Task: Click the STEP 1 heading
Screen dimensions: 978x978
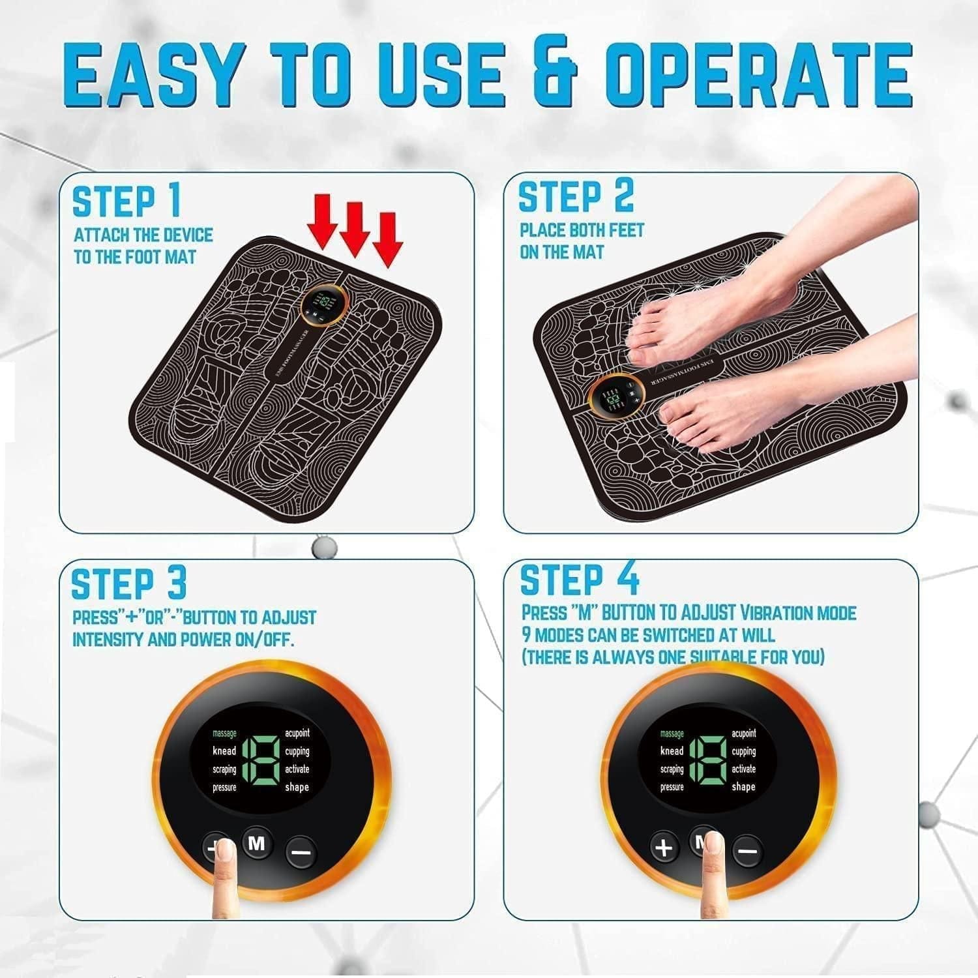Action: [x=126, y=201]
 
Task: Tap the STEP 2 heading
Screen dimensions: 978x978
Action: [x=576, y=197]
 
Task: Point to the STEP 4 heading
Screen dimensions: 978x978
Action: [x=580, y=580]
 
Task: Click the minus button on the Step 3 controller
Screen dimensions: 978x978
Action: [x=301, y=852]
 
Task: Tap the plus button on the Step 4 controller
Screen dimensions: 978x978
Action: [x=664, y=848]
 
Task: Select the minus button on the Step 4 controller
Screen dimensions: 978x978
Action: [x=748, y=852]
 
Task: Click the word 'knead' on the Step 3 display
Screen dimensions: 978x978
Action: [x=224, y=751]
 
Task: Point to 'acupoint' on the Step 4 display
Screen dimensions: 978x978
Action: [x=743, y=733]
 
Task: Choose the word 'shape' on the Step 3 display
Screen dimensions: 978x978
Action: [x=296, y=787]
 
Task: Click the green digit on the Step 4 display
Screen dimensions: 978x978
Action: [x=707, y=760]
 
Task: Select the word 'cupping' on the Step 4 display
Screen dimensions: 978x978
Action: [x=743, y=751]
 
